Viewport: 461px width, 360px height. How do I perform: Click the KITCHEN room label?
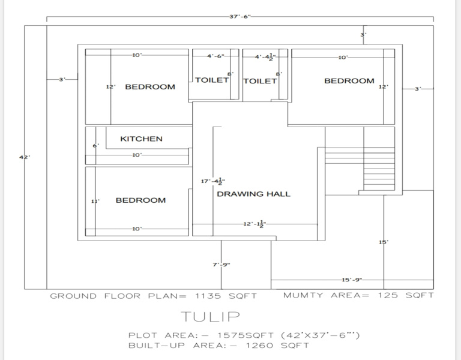click(141, 139)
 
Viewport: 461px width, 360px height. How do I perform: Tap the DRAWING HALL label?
click(253, 194)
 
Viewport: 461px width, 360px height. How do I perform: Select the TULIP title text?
click(211, 317)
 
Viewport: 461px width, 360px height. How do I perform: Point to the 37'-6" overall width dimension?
click(240, 16)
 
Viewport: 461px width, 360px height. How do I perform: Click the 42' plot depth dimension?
click(25, 157)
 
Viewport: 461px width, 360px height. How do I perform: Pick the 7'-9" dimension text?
click(221, 265)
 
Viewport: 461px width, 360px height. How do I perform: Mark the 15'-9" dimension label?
click(352, 280)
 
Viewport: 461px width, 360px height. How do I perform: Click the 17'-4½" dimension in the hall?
click(213, 181)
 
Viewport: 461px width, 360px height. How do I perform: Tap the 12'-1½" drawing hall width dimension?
click(255, 224)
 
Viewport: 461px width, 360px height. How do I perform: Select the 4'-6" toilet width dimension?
click(216, 56)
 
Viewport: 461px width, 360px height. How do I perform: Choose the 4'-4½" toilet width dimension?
click(265, 57)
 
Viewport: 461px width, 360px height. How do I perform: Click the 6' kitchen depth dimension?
click(96, 145)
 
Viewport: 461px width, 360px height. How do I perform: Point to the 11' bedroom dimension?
click(95, 202)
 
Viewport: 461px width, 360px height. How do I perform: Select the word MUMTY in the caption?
click(303, 295)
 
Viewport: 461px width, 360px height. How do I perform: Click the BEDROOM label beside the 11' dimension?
click(140, 200)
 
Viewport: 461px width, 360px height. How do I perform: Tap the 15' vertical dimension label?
click(384, 242)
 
